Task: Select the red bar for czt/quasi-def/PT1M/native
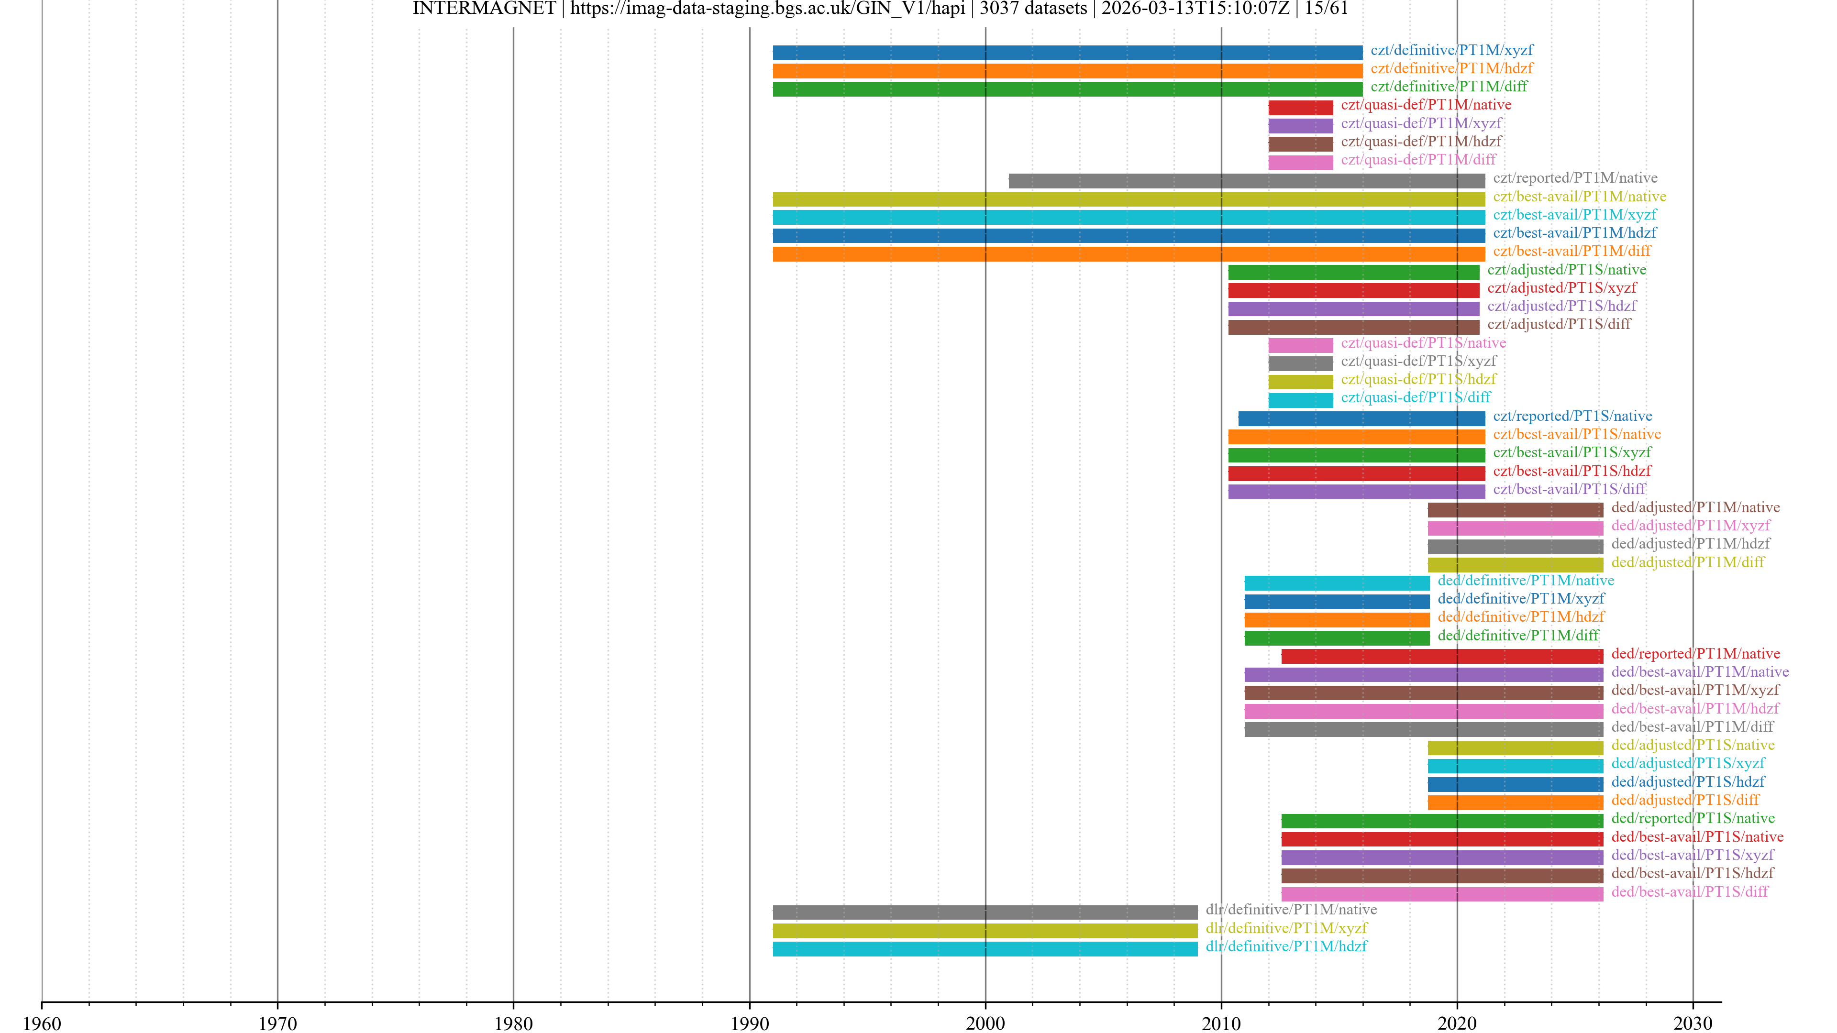(1300, 108)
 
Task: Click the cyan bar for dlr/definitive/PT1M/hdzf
(985, 949)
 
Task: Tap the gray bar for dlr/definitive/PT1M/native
(985, 912)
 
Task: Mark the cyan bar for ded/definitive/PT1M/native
(1337, 583)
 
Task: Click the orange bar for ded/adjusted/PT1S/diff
(1516, 803)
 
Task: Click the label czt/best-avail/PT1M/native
(1580, 197)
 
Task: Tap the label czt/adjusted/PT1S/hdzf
(1562, 307)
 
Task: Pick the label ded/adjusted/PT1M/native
(1695, 507)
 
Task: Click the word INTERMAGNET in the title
(484, 9)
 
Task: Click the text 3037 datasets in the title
(1033, 9)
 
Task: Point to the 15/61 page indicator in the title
(1327, 9)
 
